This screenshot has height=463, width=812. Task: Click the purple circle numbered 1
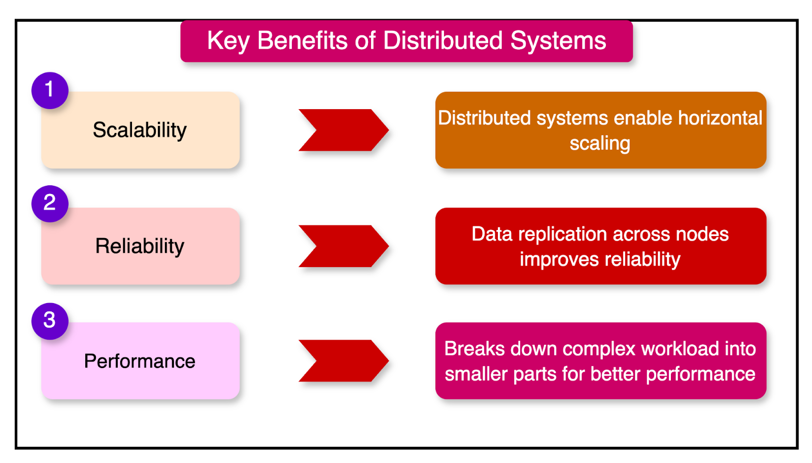point(50,90)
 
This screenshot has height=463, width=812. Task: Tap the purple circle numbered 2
point(50,204)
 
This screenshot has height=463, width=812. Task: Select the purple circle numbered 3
point(50,321)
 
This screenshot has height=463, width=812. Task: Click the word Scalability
point(140,130)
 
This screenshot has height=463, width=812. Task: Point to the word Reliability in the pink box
point(140,246)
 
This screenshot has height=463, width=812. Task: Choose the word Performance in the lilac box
point(140,361)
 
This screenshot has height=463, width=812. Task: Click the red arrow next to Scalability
point(344,130)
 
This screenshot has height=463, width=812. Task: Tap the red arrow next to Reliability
point(344,246)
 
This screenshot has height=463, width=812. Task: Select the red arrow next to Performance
point(344,361)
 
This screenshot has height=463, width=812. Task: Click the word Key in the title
point(228,41)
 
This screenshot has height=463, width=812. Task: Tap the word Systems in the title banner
point(558,41)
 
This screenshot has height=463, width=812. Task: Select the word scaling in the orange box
point(600,144)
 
